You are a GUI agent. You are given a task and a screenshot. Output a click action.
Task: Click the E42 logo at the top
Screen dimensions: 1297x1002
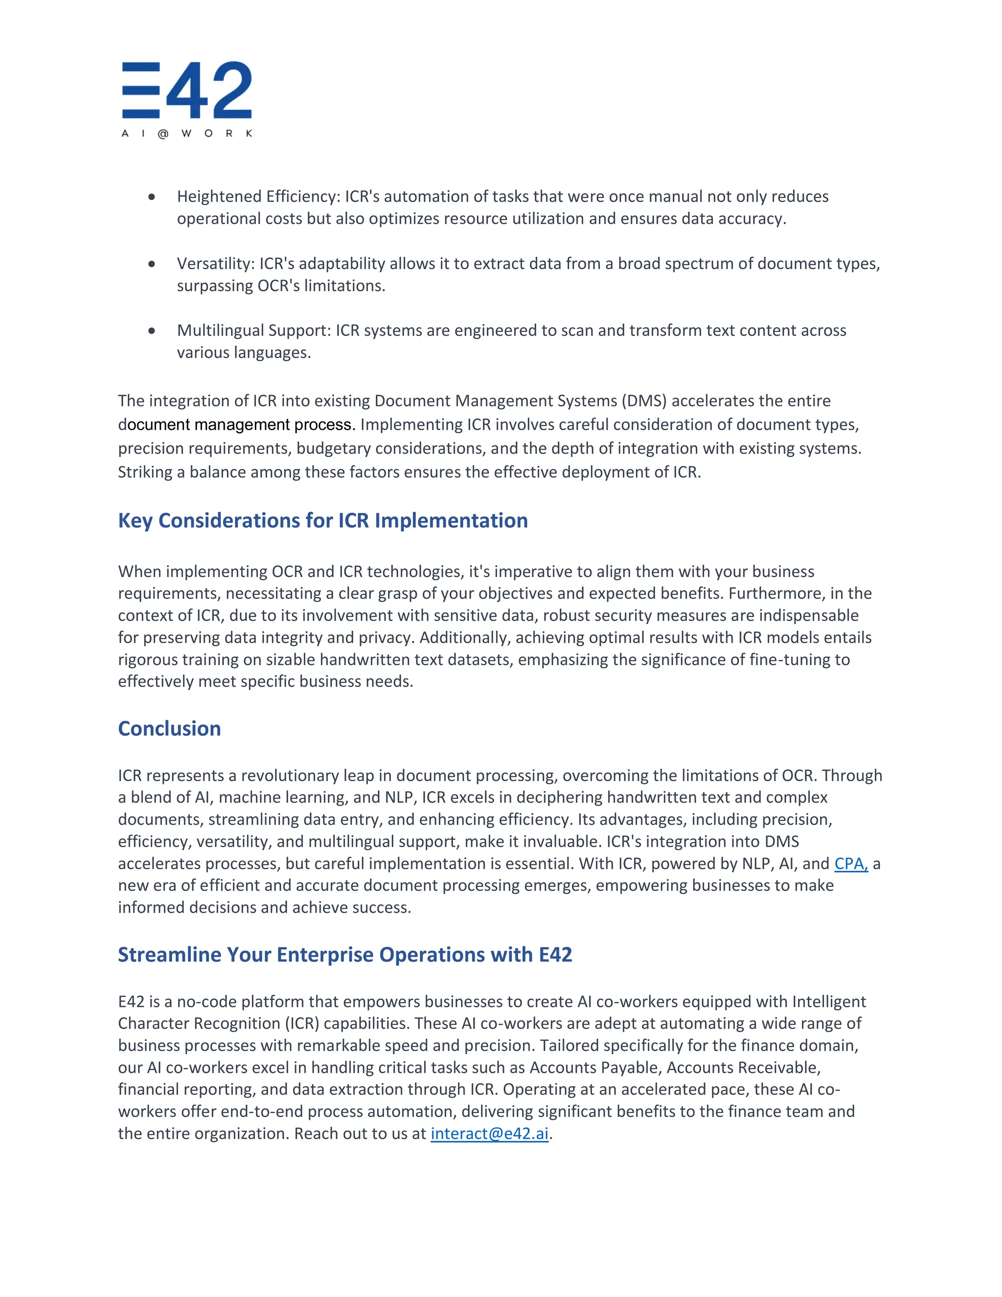187,90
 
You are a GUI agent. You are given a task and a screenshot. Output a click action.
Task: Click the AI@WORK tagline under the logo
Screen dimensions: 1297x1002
187,134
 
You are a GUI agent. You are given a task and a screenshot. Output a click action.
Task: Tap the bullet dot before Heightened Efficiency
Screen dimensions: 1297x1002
152,197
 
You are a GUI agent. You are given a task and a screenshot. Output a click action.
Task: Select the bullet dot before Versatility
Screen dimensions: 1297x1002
152,264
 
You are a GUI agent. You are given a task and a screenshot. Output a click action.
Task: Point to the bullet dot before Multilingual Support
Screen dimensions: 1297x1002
152,331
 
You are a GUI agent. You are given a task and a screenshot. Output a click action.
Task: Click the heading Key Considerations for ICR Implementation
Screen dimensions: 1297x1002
322,521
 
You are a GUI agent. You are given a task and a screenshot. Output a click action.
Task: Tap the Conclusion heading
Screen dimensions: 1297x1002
169,729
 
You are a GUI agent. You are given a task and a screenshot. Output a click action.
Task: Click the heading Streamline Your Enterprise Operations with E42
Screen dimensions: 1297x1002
344,954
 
